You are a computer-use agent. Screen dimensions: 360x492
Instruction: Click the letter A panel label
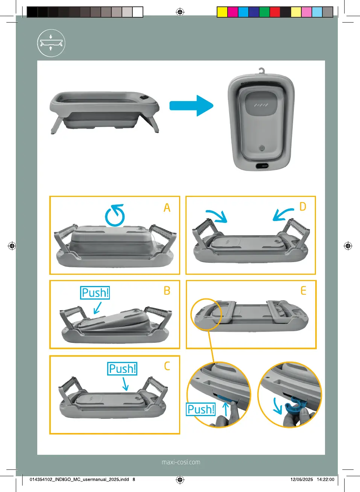[167, 208]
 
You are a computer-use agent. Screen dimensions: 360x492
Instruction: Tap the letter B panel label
[167, 291]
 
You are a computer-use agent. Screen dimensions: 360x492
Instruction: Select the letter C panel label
[167, 366]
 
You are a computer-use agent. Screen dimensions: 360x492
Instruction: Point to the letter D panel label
[303, 207]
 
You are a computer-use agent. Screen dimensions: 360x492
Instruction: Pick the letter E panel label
[303, 291]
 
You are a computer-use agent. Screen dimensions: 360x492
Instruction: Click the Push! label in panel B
[95, 293]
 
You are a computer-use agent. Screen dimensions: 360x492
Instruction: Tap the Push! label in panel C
[122, 369]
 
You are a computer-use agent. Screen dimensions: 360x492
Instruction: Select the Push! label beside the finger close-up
[201, 409]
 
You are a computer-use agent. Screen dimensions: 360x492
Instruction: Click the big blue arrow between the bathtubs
[191, 106]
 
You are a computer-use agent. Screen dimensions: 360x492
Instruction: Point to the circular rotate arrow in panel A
[115, 215]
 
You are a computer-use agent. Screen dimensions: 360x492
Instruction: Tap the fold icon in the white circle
[51, 43]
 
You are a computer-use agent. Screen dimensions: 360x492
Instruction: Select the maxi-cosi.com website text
[181, 462]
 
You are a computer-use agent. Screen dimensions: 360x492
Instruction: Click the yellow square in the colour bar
[222, 12]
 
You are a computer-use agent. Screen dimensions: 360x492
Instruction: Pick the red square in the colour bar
[275, 12]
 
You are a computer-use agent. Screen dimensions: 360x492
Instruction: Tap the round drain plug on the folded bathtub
[262, 148]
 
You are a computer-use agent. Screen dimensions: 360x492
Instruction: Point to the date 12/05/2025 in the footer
[301, 479]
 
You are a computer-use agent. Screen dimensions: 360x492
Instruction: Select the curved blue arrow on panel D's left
[217, 216]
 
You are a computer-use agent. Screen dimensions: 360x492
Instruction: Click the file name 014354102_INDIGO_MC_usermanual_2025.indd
[79, 479]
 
